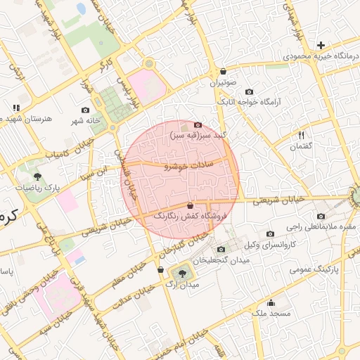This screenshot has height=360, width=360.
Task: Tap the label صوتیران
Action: (223, 82)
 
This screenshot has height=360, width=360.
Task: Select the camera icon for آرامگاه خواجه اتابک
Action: (250, 92)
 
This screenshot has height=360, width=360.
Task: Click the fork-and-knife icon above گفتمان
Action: (301, 135)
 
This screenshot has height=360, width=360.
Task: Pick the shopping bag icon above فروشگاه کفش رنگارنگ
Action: (191, 205)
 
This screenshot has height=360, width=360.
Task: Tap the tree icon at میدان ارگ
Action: (184, 272)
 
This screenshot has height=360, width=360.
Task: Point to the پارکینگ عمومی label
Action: (334, 269)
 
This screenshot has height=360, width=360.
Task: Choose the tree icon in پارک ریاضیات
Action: (37, 176)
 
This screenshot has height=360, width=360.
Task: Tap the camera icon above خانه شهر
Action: (86, 110)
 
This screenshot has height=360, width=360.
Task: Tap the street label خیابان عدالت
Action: (134, 295)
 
